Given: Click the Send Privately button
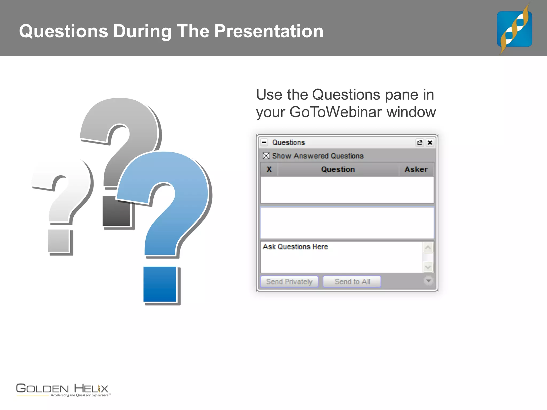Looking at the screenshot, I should (289, 282).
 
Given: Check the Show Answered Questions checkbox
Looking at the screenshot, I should (266, 156).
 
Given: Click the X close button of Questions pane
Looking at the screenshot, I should (430, 143).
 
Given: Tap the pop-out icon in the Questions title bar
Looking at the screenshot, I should (420, 143).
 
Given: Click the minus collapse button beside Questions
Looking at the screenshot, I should (264, 142).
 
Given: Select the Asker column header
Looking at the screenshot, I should (416, 169).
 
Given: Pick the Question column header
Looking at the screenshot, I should (338, 169).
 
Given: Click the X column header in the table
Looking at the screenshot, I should (269, 169).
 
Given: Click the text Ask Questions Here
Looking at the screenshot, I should (295, 247).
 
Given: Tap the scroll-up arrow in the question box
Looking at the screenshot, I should (428, 248).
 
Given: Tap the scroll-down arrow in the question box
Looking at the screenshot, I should (428, 267).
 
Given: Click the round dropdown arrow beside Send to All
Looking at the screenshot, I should (428, 281).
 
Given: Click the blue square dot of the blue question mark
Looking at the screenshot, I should (160, 284).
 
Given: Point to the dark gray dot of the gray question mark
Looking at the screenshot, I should (116, 211).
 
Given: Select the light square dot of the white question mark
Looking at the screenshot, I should (58, 241).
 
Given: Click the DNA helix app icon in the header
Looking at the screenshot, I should (514, 29).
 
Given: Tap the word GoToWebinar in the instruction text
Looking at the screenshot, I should (335, 112).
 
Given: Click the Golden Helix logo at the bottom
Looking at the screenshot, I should (62, 390).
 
